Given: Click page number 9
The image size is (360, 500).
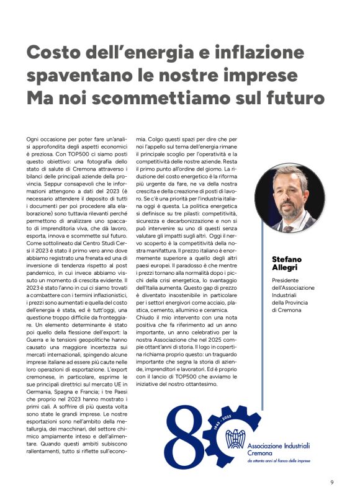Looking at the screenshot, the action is point(332,482).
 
